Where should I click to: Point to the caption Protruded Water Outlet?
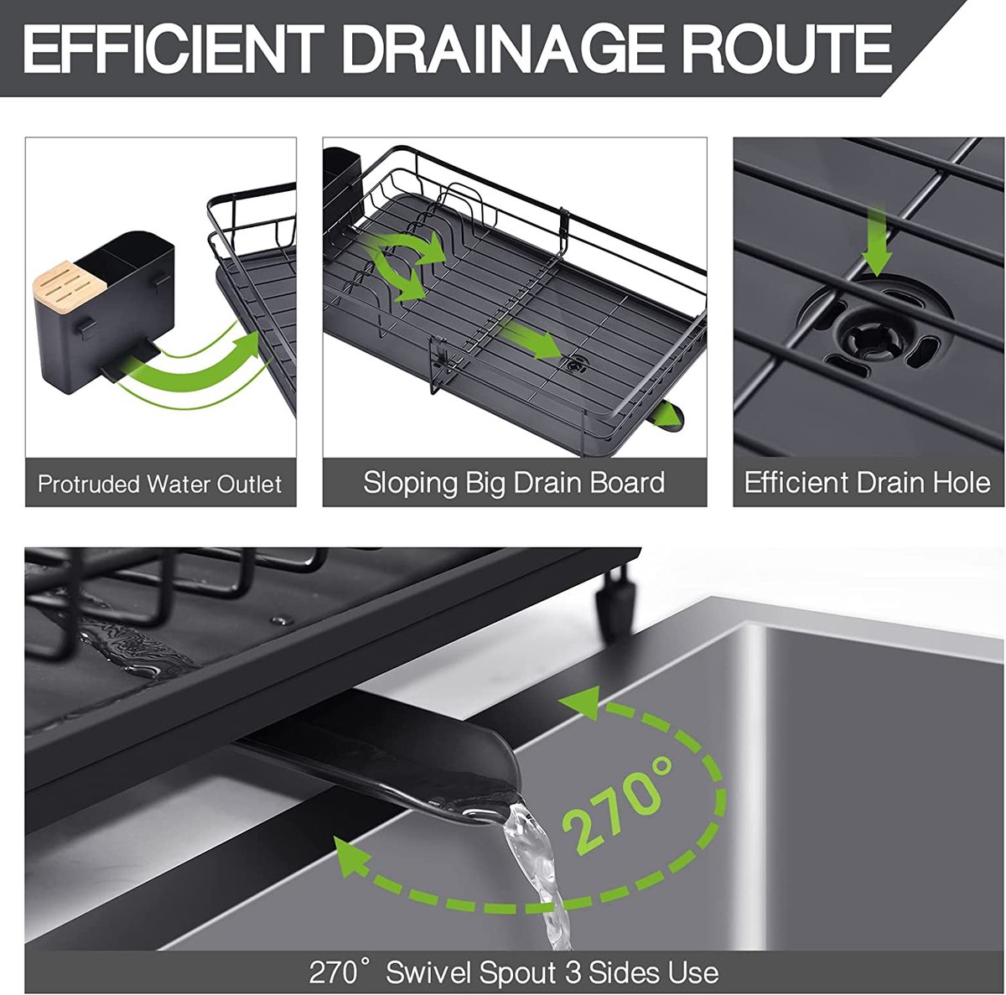pos(160,484)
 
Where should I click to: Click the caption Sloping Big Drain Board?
pos(514,483)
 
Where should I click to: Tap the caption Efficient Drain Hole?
pos(867,482)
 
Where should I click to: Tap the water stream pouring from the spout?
pos(537,877)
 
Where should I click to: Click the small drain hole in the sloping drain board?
pos(576,364)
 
